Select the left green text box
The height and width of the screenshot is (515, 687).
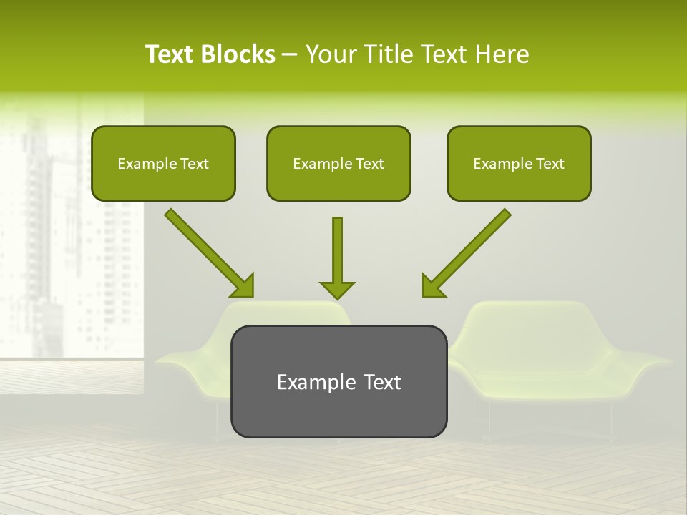click(x=163, y=163)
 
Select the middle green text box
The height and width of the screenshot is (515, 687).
click(x=338, y=163)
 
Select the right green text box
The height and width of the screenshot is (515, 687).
click(x=519, y=163)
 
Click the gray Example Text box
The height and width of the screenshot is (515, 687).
click(x=338, y=381)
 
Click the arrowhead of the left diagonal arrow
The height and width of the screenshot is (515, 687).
click(x=243, y=286)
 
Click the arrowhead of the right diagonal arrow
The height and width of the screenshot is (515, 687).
click(x=432, y=285)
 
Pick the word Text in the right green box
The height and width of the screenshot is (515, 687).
click(x=550, y=164)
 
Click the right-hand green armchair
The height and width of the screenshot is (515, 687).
click(x=565, y=358)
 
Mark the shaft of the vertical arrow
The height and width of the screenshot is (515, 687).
click(x=337, y=247)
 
